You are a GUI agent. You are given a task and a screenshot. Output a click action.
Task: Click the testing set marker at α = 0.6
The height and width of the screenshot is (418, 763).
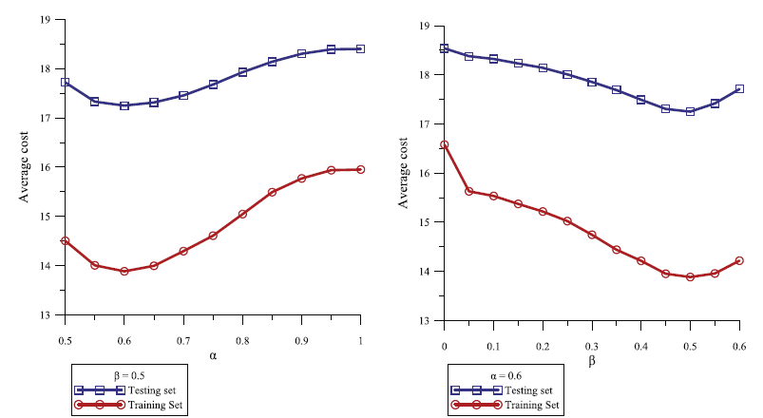click(124, 105)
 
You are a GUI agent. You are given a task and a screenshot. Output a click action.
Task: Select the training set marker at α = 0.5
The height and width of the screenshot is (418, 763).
click(65, 240)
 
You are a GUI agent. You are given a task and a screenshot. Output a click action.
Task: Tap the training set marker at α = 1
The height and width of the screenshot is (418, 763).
click(360, 169)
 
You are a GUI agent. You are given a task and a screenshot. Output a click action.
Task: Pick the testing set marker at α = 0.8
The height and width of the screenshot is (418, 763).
click(242, 72)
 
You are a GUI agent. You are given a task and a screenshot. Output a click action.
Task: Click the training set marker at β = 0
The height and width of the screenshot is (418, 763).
click(444, 144)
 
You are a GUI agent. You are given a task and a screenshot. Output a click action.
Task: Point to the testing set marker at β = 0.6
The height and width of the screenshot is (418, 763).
click(739, 89)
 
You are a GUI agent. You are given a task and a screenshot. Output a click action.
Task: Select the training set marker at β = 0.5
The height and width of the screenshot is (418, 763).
click(690, 276)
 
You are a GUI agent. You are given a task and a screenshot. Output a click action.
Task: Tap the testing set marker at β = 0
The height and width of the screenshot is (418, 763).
click(444, 47)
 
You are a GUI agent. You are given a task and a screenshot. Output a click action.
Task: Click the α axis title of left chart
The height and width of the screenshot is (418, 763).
click(212, 354)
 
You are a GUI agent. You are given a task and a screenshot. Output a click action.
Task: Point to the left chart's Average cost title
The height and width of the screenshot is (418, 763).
click(26, 166)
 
